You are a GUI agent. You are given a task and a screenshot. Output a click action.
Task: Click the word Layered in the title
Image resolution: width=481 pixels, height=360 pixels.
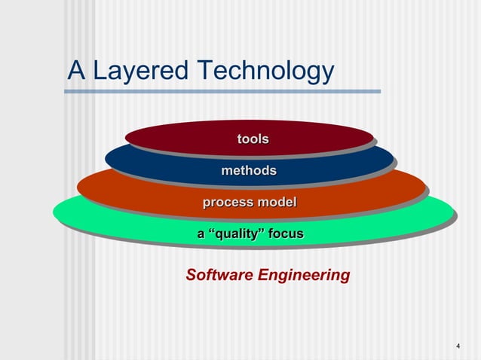tap(141, 71)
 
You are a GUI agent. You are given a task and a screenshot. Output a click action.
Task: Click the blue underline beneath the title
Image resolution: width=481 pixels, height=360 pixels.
tap(222, 92)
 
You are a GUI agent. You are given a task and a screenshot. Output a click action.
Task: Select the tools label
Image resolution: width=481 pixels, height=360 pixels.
tap(253, 139)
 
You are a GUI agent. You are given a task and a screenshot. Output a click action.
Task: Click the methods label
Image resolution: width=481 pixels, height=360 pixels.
tap(249, 171)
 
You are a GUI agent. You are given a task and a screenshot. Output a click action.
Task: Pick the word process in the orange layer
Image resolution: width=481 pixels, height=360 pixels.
tap(228, 203)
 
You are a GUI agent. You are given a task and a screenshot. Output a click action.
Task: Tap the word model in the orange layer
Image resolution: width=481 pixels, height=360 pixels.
tap(277, 202)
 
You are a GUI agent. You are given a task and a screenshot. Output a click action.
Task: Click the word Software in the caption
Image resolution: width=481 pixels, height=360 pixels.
tap(219, 275)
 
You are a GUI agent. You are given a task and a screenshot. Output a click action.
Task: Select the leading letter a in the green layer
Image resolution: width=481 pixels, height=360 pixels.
tap(201, 234)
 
